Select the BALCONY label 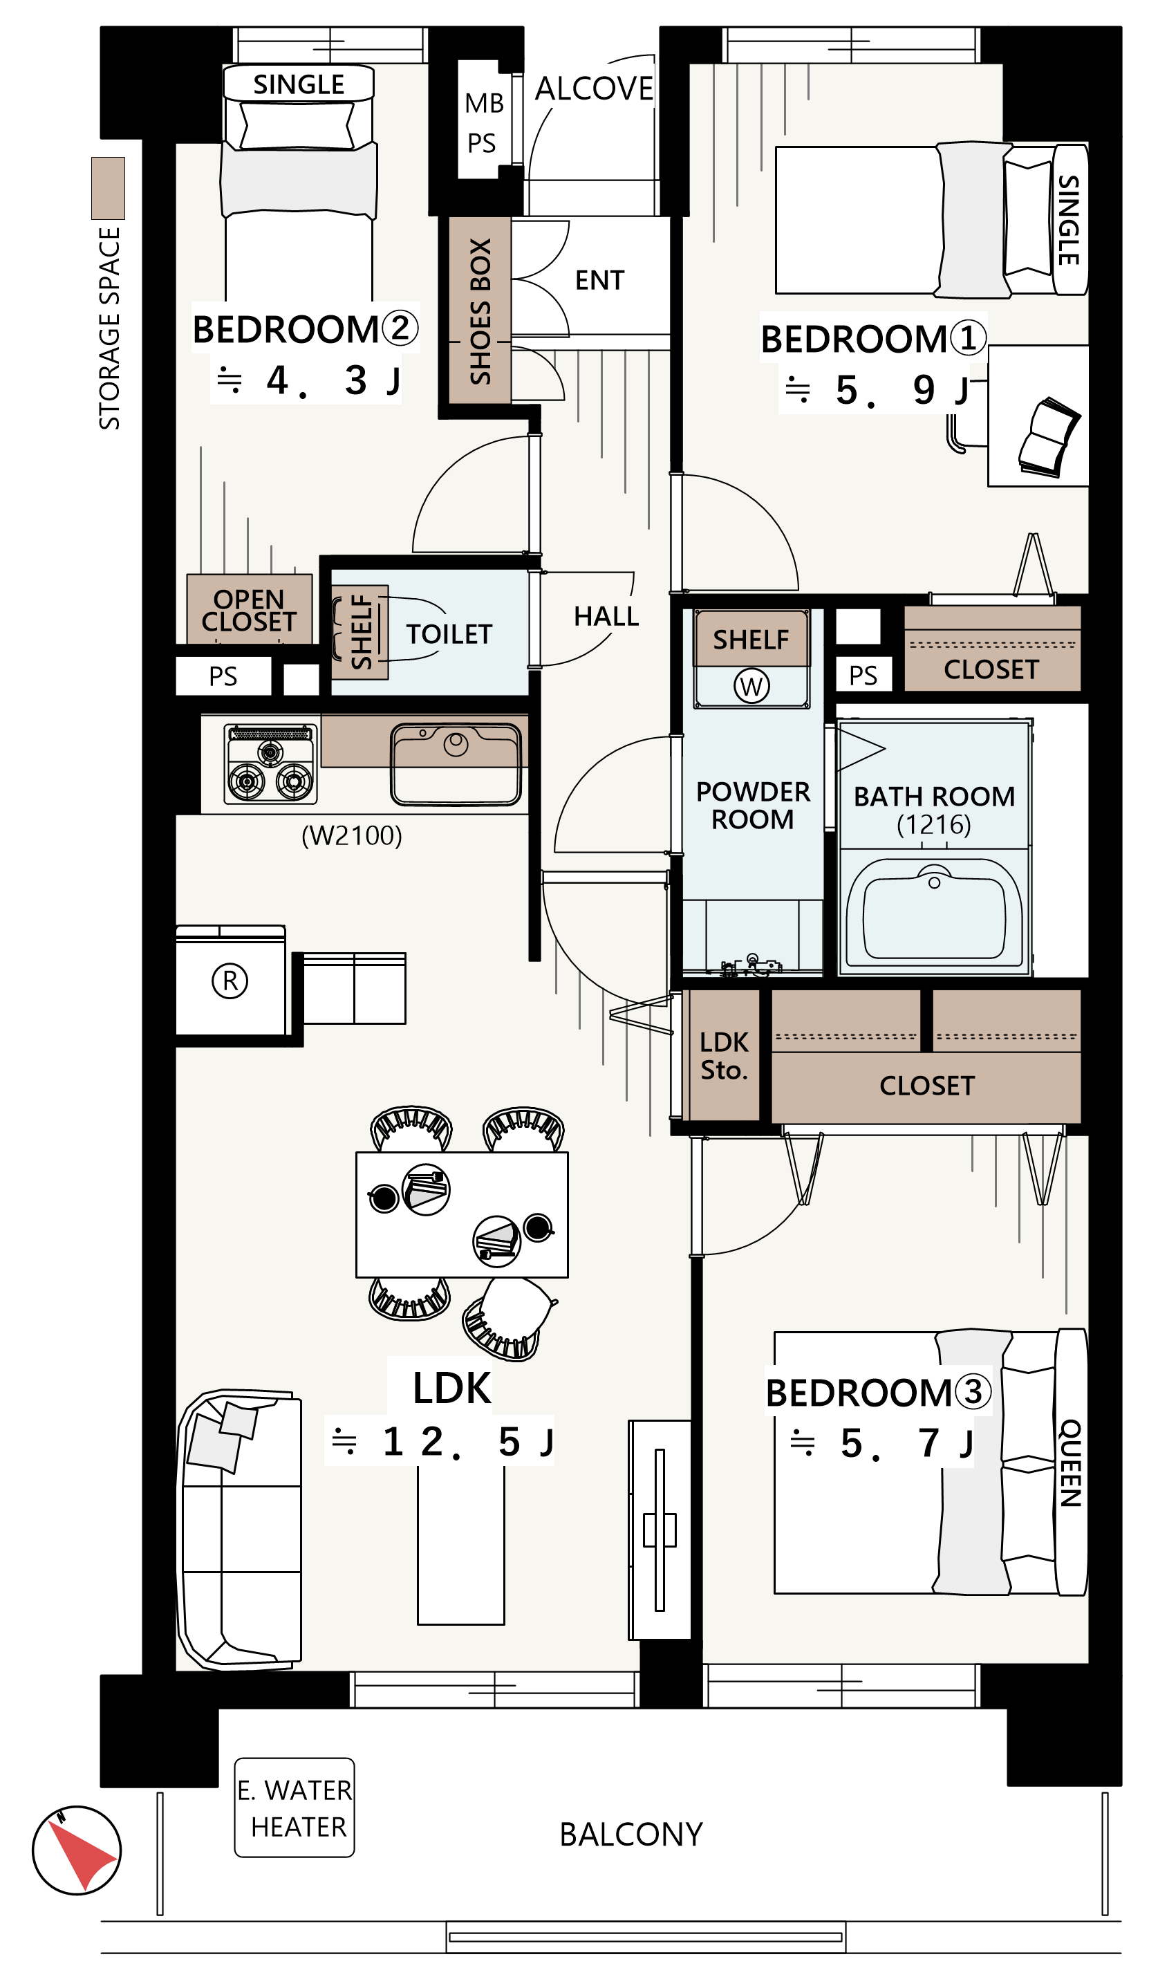pos(630,1835)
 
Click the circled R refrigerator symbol pos(230,981)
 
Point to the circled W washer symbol pos(751,687)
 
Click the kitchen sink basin pos(456,764)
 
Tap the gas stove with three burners pos(270,764)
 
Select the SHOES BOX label pos(480,311)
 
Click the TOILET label pos(449,634)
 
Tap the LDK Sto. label pos(724,1056)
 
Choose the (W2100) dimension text pos(351,835)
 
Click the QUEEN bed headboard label pos(1071,1463)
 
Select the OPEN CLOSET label pos(249,611)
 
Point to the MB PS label pos(483,123)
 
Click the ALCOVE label pos(594,89)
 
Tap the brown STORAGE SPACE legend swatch pos(109,188)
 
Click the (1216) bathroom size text pos(933,824)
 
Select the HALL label pos(606,617)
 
